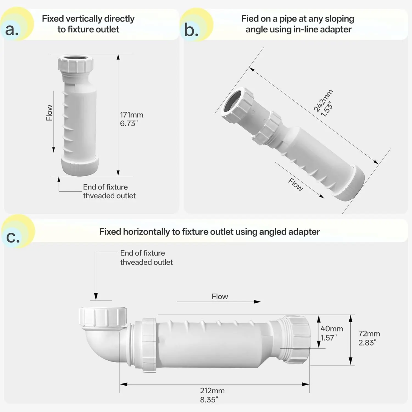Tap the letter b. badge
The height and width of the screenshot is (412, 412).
pos(196,25)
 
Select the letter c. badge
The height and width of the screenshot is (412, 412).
pos(18,231)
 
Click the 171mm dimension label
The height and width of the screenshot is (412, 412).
pos(132,115)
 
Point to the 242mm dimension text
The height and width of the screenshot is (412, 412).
pos(323,101)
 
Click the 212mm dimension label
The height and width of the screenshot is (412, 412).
pos(212,391)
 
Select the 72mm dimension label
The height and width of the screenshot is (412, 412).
pos(369,334)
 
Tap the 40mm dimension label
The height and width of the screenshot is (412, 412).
pos(332,329)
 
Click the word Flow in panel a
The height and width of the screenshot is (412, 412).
pos(49,113)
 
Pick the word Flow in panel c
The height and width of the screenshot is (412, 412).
pos(220,296)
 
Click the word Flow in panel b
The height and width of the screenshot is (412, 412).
pos(296,184)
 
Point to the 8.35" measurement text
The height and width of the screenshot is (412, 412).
pos(209,400)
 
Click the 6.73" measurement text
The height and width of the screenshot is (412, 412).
pos(129,123)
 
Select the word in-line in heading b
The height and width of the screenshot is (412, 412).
pos(305,29)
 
